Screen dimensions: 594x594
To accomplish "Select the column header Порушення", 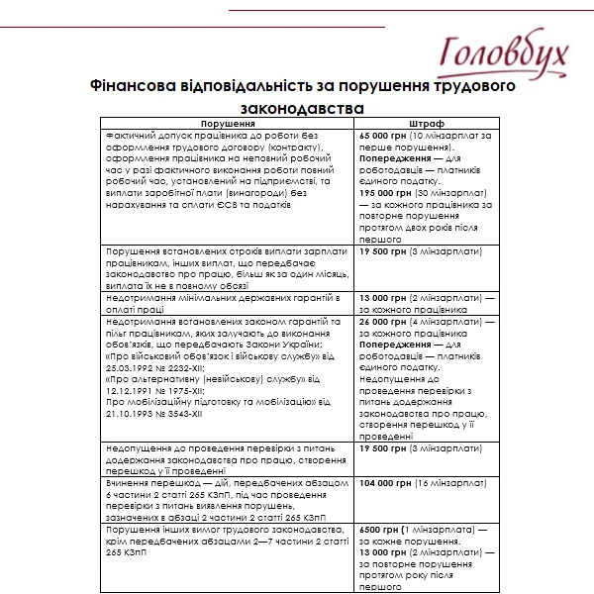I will pos(227,126).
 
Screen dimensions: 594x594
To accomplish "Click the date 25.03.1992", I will pos(131,367).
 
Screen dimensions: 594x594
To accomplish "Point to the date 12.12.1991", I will pos(131,390).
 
